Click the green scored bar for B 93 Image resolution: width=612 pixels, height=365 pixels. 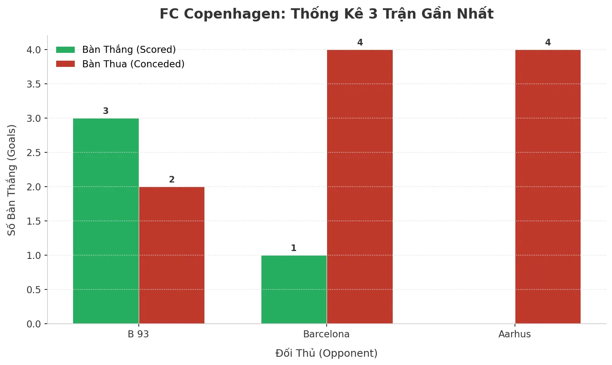tap(106, 221)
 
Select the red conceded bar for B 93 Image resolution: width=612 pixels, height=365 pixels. tap(172, 255)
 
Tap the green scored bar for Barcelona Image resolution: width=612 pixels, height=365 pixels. tap(294, 289)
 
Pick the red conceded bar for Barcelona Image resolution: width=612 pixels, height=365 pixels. tap(360, 187)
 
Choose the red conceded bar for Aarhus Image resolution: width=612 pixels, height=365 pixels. tap(548, 187)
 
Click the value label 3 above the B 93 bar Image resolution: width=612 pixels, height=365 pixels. tap(106, 111)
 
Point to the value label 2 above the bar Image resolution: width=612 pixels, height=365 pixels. tap(172, 180)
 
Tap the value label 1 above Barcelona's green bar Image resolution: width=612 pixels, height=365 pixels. tap(294, 248)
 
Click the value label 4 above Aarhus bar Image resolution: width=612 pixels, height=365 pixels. tap(548, 43)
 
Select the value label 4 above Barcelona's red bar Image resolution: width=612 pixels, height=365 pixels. tap(360, 43)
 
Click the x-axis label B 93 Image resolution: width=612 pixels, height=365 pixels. tap(138, 334)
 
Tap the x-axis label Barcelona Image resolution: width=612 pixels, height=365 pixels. tap(326, 334)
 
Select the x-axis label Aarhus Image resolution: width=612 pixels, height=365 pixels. tap(515, 334)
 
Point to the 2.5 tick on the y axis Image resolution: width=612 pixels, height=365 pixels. tap(34, 153)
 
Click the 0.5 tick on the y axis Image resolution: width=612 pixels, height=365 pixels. tap(34, 290)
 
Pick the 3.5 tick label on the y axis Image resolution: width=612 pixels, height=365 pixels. tap(34, 84)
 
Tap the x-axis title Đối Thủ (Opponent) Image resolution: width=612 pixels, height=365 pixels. tap(326, 353)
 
